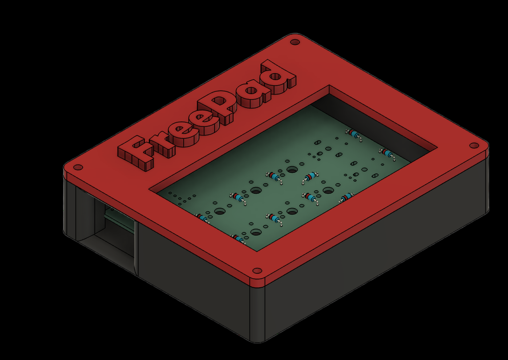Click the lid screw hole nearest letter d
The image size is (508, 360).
pyautogui.click(x=295, y=42)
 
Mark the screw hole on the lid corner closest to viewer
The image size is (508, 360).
pyautogui.click(x=257, y=271)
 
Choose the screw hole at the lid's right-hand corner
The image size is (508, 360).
pyautogui.click(x=474, y=146)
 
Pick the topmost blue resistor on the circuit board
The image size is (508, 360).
pyautogui.click(x=353, y=134)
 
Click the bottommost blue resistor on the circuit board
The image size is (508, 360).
pyautogui.click(x=240, y=240)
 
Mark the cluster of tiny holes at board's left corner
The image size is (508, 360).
pyautogui.click(x=179, y=198)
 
